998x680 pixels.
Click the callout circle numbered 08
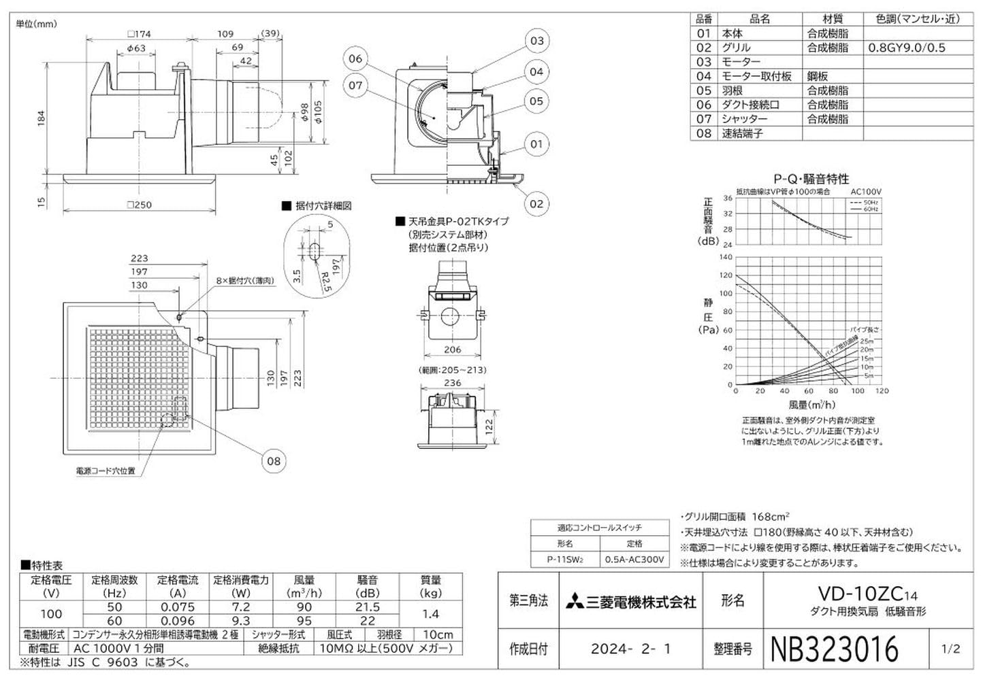pos(274,461)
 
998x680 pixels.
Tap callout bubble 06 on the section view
pos(355,58)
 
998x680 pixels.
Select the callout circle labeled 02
pos(536,203)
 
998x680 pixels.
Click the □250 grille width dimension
pos(140,205)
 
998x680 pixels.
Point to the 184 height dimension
pos(42,118)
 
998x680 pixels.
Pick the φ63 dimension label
pos(136,48)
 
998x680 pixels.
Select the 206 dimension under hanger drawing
pos(452,350)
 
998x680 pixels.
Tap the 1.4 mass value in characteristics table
pos(430,614)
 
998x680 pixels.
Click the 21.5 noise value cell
pos(368,607)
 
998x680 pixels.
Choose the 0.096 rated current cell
pos(178,621)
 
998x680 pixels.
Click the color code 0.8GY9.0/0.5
pos(907,48)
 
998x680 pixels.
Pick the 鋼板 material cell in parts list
pos(818,76)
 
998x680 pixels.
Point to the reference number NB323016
pos(834,649)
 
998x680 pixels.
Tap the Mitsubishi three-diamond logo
pos(575,602)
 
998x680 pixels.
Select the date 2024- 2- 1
pos(630,649)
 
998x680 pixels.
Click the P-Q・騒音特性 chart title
pos(811,179)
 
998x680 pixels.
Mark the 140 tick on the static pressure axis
pos(726,257)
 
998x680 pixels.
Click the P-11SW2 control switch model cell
pos(565,560)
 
